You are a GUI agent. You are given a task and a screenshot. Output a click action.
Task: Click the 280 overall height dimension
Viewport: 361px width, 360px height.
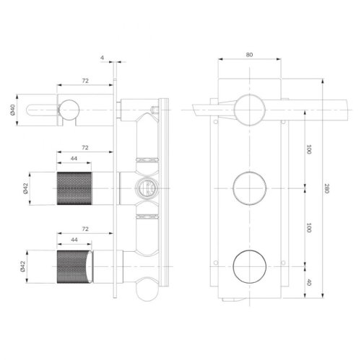328,189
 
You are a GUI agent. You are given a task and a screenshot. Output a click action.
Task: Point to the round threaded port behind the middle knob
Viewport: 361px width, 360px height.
145,190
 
